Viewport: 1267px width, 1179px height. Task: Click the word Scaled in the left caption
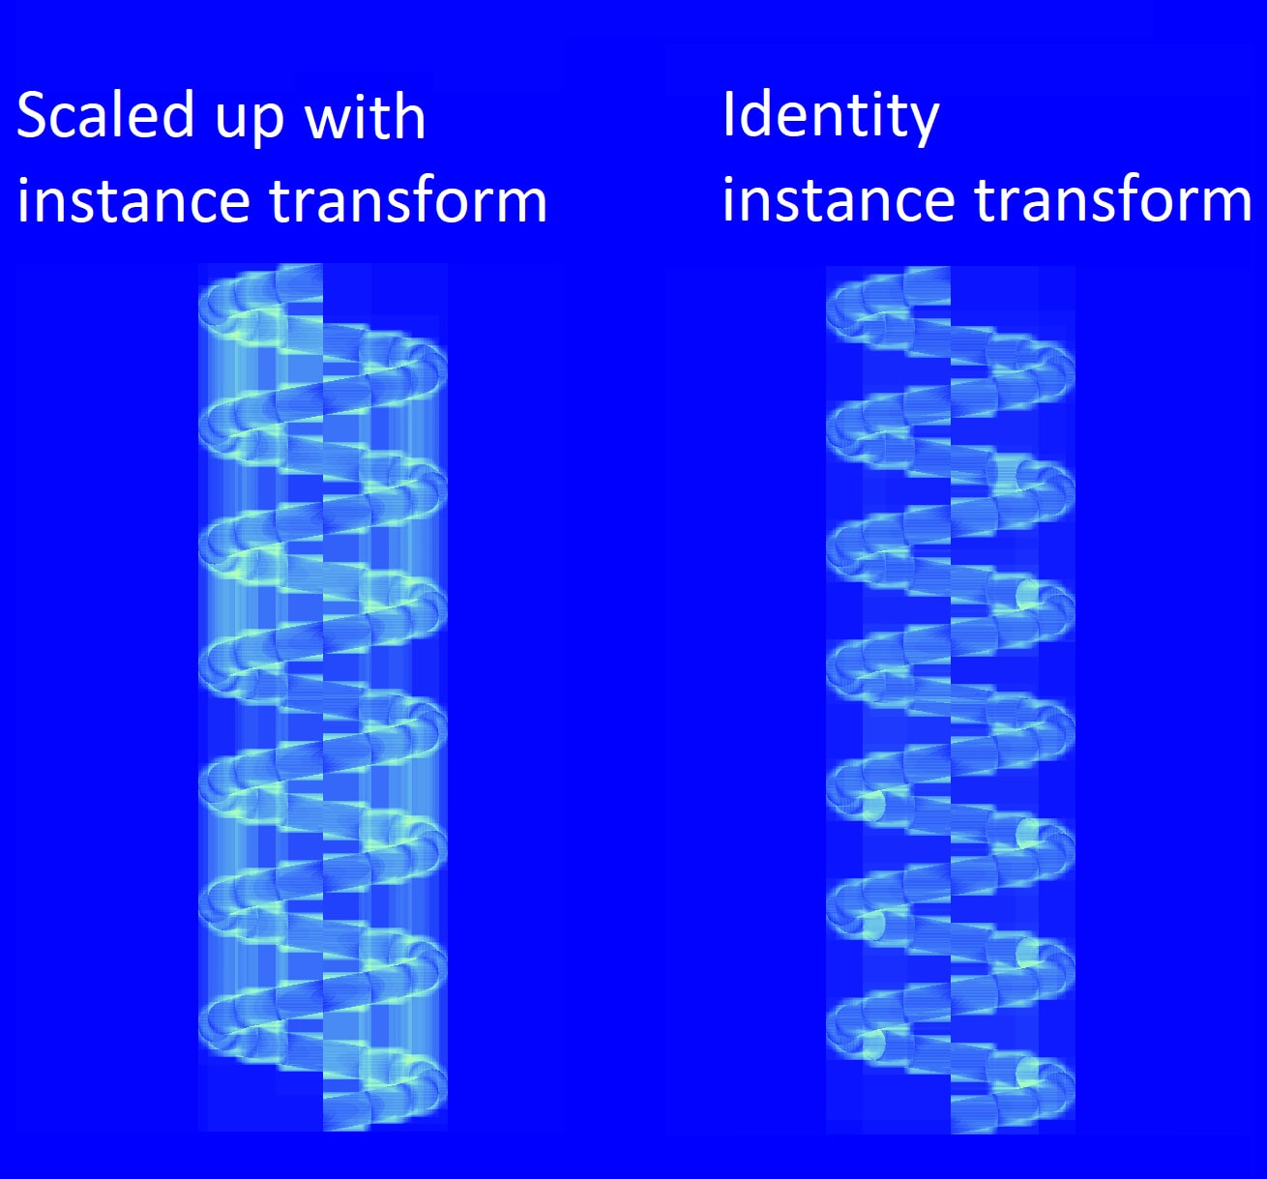(104, 115)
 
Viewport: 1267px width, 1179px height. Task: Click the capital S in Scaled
(32, 115)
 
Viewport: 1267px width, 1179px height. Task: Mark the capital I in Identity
(728, 113)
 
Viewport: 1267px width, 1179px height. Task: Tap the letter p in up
(267, 125)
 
